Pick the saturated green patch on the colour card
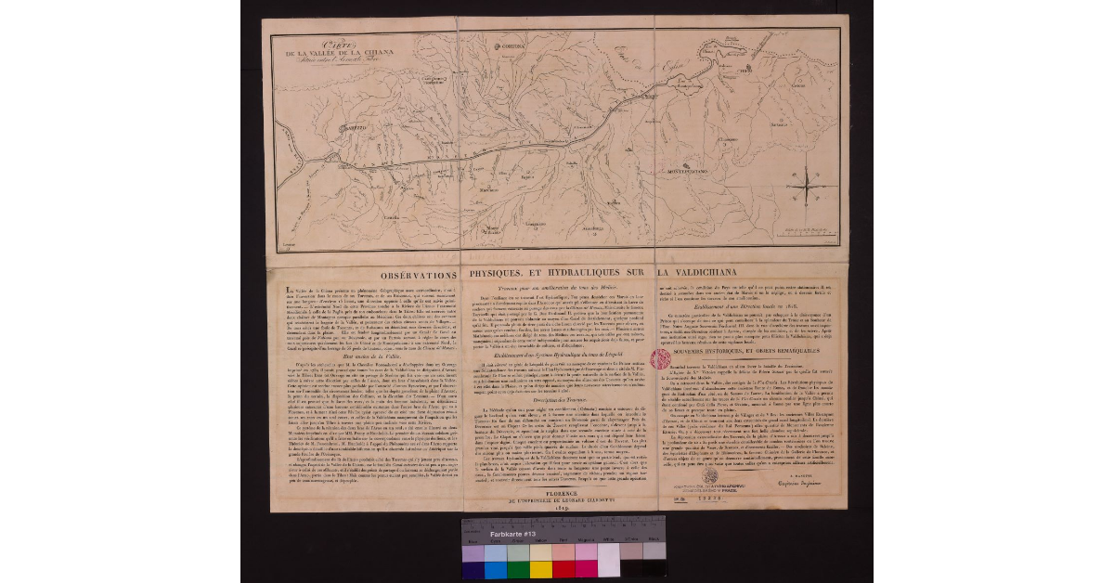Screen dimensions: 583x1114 click(x=518, y=568)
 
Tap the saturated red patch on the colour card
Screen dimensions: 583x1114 click(x=563, y=568)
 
